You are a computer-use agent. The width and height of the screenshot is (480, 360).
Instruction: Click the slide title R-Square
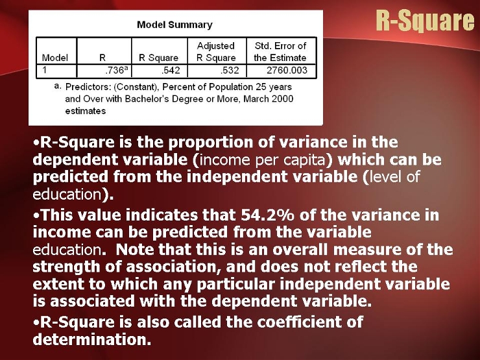coord(426,21)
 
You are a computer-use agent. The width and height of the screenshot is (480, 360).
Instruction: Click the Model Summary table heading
coord(174,25)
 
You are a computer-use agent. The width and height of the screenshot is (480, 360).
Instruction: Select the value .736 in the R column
coord(114,71)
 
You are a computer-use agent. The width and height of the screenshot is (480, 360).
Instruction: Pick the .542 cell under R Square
coord(171,71)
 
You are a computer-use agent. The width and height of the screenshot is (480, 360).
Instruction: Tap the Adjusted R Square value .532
coord(230,71)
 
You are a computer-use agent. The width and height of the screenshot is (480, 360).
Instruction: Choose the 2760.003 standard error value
coord(287,71)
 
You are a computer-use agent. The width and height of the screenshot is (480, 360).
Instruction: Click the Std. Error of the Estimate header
coord(280,52)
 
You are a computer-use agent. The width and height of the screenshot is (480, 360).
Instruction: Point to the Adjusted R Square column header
coord(216,52)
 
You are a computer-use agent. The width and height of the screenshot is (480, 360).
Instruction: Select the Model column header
coord(54,58)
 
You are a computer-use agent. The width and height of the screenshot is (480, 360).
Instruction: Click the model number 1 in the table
coord(45,70)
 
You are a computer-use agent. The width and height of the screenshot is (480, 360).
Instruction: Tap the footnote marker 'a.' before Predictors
coord(57,86)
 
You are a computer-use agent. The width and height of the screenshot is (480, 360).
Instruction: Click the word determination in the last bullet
coord(92,339)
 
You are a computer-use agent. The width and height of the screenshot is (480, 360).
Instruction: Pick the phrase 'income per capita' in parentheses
coord(263,160)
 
